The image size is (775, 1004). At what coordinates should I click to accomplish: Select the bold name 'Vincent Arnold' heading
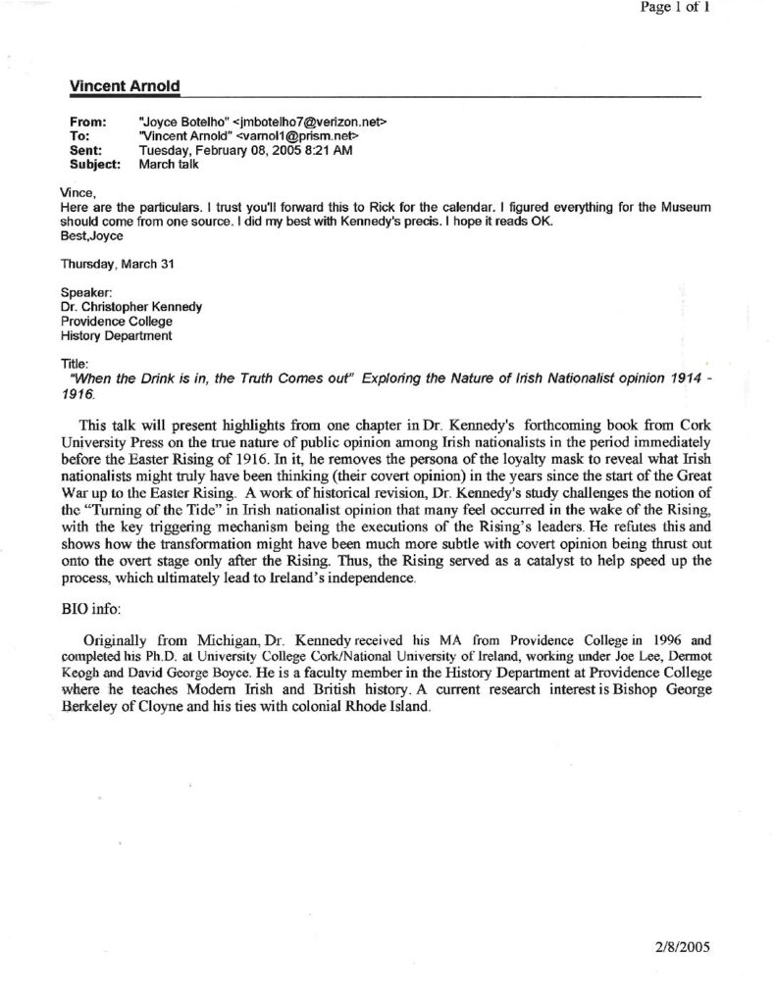(x=124, y=87)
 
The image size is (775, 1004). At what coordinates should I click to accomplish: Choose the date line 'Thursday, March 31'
(x=116, y=263)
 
